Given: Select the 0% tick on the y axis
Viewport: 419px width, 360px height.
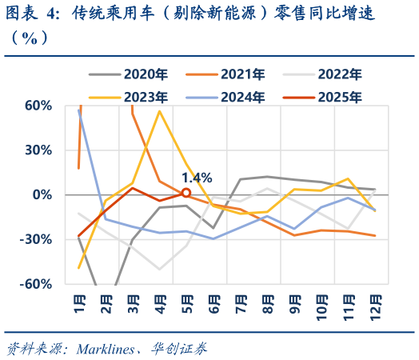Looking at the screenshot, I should click(x=44, y=195).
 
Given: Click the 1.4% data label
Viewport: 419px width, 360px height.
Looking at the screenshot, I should click(x=196, y=178).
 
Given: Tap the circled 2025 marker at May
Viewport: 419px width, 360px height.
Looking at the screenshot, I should click(x=186, y=193).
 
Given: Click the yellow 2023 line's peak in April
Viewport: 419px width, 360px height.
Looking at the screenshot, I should click(x=160, y=111).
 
